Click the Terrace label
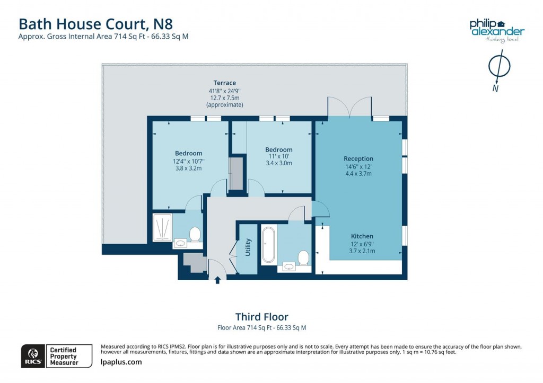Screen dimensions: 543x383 tap(224, 83)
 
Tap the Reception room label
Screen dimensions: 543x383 tap(358, 158)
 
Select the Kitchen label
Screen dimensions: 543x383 tap(362, 236)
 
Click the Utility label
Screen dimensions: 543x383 tap(248, 247)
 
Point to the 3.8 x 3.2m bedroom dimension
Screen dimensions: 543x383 tap(188, 168)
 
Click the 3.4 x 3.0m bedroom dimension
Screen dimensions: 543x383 tap(279, 163)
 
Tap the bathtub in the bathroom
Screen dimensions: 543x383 tap(268, 245)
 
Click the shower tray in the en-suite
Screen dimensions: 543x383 tap(162, 227)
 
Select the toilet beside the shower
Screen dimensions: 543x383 tap(195, 234)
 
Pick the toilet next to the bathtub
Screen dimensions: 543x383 tap(303, 258)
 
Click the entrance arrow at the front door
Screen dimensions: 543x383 tap(217, 280)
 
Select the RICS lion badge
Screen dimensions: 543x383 tap(33, 356)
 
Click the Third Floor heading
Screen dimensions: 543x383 tap(262, 317)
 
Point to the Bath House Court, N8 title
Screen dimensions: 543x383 tap(95, 24)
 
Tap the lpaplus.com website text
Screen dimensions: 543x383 tap(121, 362)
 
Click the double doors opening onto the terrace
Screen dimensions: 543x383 tap(350, 107)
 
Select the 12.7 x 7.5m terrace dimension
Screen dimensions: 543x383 tap(224, 98)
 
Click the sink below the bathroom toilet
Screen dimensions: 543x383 tap(290, 266)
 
